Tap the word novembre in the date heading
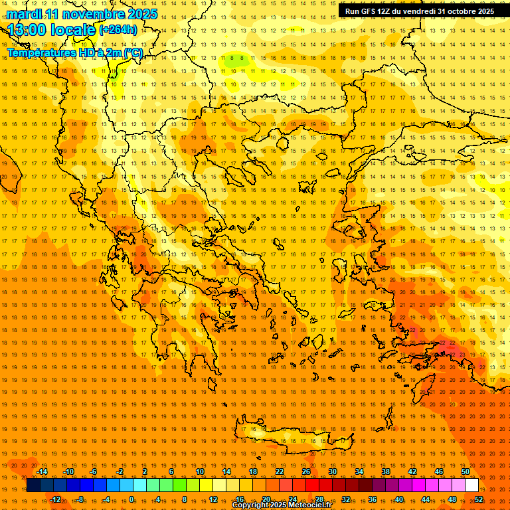[93, 14]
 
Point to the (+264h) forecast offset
[118, 30]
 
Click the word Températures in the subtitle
[41, 52]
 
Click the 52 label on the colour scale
[479, 499]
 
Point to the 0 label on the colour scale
[131, 499]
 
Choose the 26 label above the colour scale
[306, 471]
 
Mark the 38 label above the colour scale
[386, 471]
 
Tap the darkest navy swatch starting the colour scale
[33, 485]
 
